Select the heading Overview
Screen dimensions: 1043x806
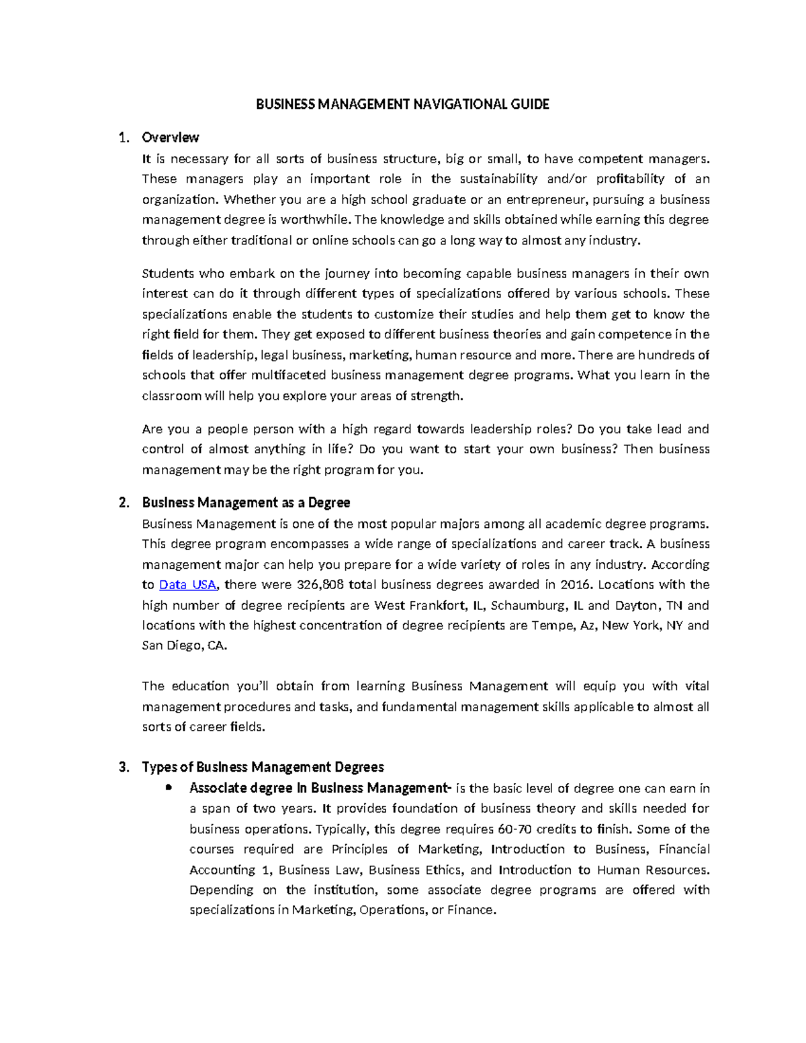click(x=170, y=138)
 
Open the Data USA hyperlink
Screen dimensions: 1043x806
click(x=188, y=584)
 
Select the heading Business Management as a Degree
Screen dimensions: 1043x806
click(x=246, y=503)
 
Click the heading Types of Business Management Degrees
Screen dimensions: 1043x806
click(x=263, y=767)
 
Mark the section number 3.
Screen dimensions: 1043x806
click(x=123, y=767)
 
